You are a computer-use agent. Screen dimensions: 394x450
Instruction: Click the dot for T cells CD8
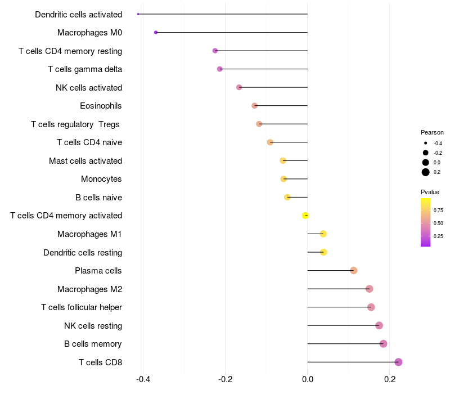[x=398, y=362]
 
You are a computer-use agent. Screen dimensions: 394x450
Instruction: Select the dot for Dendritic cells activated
[x=138, y=14]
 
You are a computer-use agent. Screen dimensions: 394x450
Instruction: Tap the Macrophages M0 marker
[x=156, y=33]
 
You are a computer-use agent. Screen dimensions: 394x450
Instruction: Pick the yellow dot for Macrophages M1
[x=323, y=234]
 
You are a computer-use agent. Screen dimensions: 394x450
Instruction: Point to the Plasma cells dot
[x=353, y=271]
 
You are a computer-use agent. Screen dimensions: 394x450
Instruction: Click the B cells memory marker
[x=383, y=344]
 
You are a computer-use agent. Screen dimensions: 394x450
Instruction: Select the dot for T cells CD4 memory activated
[x=305, y=216]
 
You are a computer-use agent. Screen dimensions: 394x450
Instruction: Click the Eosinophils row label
[x=101, y=106]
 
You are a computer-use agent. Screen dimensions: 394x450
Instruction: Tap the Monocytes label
[x=101, y=179]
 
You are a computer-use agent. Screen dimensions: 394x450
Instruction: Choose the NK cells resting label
[x=93, y=326]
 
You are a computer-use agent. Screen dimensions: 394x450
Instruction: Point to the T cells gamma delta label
[x=85, y=69]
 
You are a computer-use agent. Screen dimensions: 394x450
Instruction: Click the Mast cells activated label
[x=85, y=161]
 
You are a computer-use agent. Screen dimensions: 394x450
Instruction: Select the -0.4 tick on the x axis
[x=143, y=379]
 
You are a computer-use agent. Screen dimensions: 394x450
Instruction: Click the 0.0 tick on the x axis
[x=308, y=379]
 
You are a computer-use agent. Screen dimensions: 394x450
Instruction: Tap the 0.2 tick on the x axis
[x=390, y=379]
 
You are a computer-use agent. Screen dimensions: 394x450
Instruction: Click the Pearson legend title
[x=432, y=132]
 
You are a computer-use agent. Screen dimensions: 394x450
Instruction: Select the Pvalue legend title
[x=430, y=192]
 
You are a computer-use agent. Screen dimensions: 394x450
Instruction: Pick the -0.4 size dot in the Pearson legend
[x=426, y=143]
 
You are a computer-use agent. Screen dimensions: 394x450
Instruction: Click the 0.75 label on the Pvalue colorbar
[x=438, y=211]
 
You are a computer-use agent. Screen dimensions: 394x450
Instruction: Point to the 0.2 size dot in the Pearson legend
[x=426, y=172]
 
